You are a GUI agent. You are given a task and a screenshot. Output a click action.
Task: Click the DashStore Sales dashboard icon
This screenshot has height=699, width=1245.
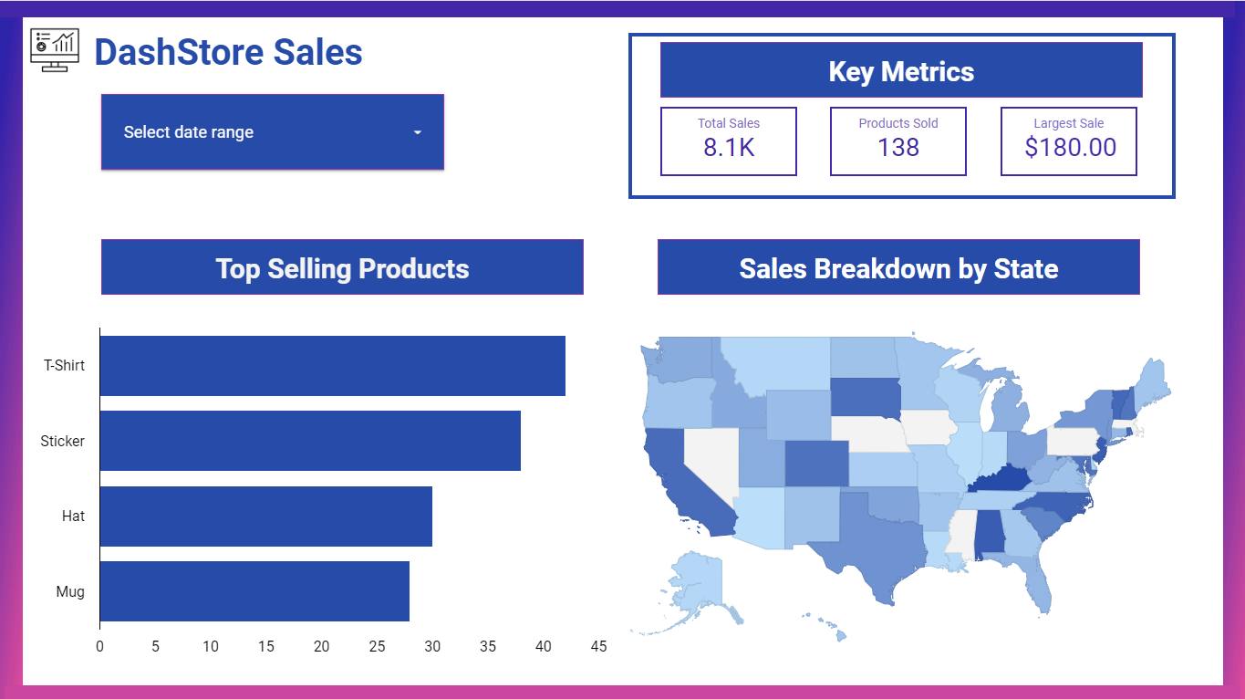pos(55,49)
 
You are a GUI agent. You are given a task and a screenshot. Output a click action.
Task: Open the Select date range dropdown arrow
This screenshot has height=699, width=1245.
pos(418,132)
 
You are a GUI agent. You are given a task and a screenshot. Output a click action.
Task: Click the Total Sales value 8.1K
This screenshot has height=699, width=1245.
pos(729,148)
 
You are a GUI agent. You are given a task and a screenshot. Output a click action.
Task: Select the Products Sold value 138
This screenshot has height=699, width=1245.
pos(898,148)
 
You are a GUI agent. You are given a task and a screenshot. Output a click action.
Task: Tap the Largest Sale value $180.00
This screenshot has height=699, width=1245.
pos(1070,148)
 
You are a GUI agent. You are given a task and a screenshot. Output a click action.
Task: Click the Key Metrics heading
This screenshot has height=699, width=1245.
pos(901,71)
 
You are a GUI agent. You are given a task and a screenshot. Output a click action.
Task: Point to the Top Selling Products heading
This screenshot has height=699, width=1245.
pos(342,268)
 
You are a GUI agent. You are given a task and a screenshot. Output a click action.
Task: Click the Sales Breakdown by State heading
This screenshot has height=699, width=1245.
pos(898,268)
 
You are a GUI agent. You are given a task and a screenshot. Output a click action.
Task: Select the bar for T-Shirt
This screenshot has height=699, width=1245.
pos(332,366)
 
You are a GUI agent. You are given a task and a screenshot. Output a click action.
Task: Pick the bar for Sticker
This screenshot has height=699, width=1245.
pos(310,441)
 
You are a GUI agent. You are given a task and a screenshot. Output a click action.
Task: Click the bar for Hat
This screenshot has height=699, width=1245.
pos(265,516)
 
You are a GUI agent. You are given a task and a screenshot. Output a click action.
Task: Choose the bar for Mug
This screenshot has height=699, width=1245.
pos(254,591)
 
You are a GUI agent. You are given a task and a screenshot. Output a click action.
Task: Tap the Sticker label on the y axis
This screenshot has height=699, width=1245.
pos(63,442)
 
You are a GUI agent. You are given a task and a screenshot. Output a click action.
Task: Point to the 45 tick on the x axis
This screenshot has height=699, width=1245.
pos(598,647)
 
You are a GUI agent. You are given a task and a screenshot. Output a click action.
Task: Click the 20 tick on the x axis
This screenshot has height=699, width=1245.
pos(321,647)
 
